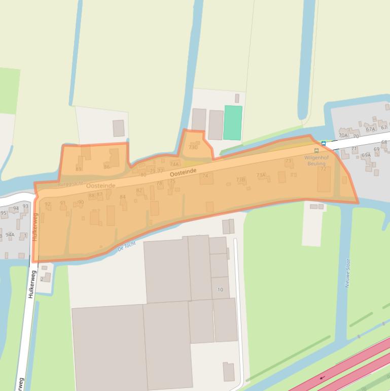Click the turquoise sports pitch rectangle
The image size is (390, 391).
point(233,122)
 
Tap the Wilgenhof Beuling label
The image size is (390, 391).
point(316,160)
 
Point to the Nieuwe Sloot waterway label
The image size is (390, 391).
point(348,273)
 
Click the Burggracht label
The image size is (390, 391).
point(69,183)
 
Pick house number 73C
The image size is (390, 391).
point(193,147)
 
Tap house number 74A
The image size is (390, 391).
point(174,164)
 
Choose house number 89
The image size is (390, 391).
point(78,169)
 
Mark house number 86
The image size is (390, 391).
point(107,167)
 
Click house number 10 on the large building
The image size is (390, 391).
point(220,289)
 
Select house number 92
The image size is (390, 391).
point(48,204)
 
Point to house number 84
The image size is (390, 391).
point(122,197)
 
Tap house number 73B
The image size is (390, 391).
point(240,179)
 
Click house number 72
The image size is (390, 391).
point(323,169)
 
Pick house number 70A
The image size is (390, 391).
point(343,136)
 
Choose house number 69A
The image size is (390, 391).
point(366,155)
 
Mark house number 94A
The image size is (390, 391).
point(10,235)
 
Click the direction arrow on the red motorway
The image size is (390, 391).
point(322,378)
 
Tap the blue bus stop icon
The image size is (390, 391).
point(324,143)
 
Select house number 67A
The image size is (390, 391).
point(370,129)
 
